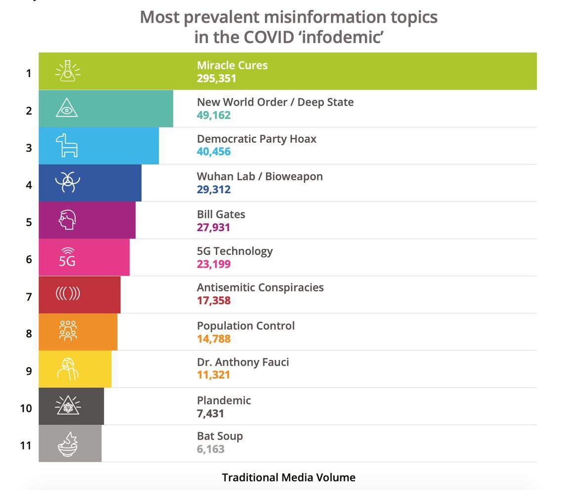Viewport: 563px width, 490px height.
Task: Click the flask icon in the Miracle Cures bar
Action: [x=68, y=72]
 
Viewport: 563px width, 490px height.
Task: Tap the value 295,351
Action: [x=216, y=79]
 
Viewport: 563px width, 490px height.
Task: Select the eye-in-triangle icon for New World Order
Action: [x=67, y=108]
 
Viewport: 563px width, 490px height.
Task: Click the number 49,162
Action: [x=213, y=115]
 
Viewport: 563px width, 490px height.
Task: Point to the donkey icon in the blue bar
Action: [x=67, y=146]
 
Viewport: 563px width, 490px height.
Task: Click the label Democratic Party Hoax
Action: [x=256, y=139]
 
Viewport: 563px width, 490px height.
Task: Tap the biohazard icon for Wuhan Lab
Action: [x=67, y=182]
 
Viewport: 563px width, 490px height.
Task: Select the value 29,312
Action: [x=213, y=189]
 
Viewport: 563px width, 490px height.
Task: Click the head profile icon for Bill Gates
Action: [x=67, y=220]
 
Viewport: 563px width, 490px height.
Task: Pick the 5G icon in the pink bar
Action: [x=67, y=257]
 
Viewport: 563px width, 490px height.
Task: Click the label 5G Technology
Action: [x=235, y=251]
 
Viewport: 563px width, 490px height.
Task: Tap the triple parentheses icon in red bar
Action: [x=68, y=294]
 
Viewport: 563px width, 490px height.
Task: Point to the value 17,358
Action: [x=213, y=301]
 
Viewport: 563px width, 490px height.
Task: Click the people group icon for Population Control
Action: [x=68, y=331]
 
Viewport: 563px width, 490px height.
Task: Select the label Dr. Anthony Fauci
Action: [x=242, y=362]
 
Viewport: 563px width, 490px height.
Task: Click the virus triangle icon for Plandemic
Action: [x=68, y=406]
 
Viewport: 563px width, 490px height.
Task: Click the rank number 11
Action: [x=26, y=446]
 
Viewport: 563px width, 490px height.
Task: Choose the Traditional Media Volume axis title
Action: [x=288, y=478]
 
